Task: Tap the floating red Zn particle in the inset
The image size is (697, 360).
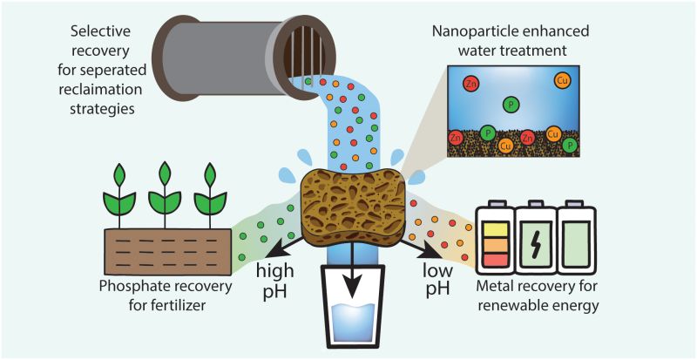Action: (x=471, y=84)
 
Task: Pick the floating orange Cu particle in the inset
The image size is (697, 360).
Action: (x=562, y=82)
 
